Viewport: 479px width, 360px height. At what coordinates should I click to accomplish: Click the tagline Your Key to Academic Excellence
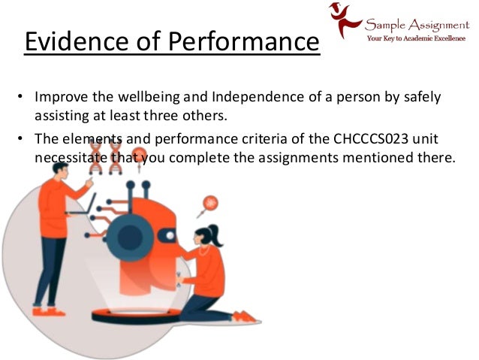pyautogui.click(x=416, y=37)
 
